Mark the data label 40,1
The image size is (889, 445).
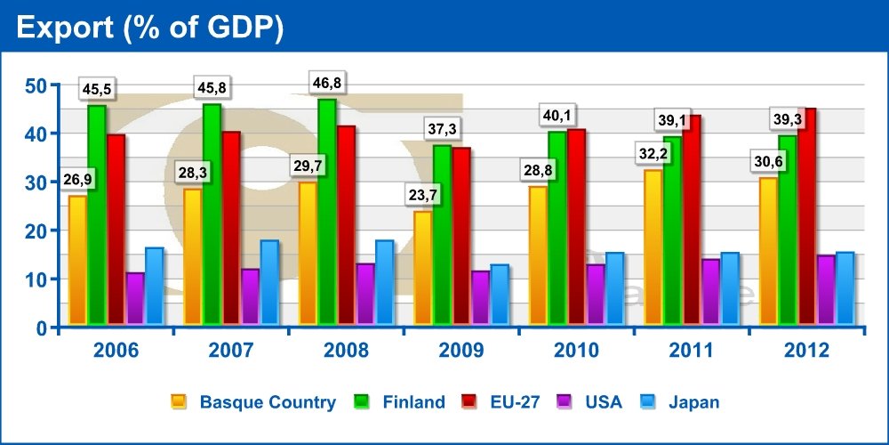tap(557, 116)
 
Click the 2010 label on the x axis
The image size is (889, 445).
tap(576, 351)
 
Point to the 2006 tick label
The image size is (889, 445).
tap(116, 351)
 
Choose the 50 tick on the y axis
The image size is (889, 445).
tap(35, 85)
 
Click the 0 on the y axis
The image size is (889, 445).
tap(41, 328)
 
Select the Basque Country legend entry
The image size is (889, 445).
tap(267, 402)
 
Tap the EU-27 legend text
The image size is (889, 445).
tap(516, 402)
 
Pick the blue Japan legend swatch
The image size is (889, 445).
tap(647, 402)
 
